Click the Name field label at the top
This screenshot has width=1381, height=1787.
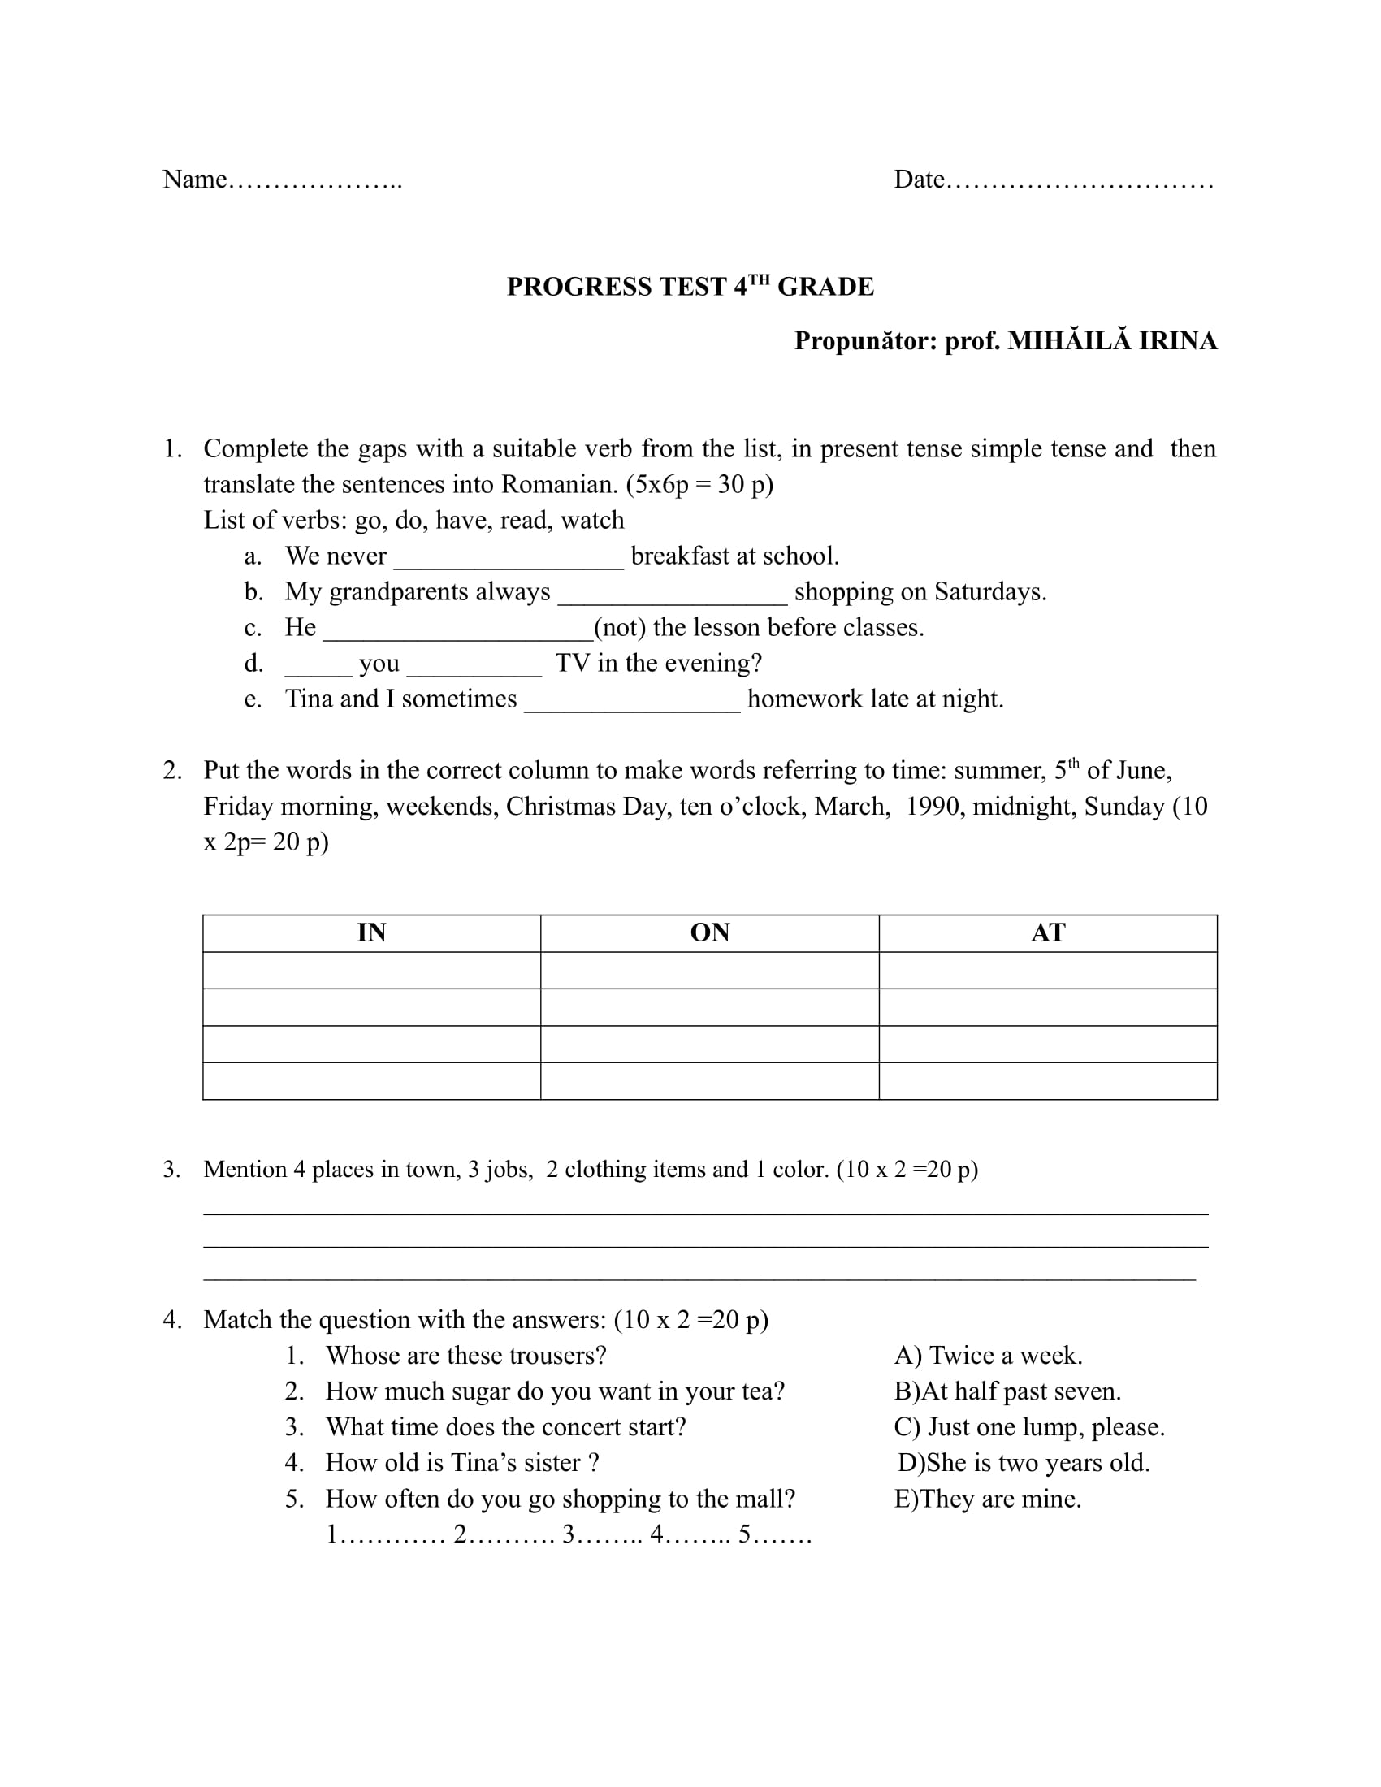coord(195,180)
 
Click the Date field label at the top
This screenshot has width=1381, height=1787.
coord(919,180)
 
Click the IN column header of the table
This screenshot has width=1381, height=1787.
coord(371,932)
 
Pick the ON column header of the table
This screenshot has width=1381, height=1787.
coord(709,932)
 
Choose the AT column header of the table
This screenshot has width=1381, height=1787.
coord(1048,932)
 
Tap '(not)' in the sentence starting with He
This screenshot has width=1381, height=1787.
coord(619,628)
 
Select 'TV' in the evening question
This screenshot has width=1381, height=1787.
coord(573,663)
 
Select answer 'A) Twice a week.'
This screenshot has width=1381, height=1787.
coord(988,1356)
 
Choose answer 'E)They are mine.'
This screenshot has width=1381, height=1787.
coord(988,1499)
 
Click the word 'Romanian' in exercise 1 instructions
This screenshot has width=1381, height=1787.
coord(556,485)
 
